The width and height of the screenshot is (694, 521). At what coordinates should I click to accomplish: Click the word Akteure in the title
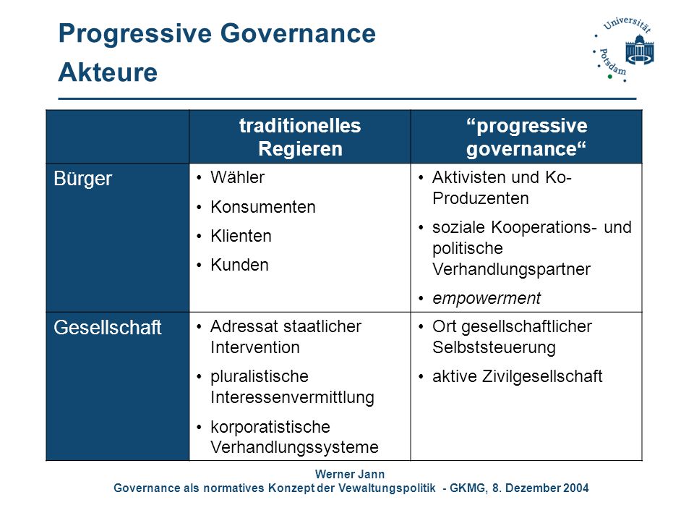tap(108, 72)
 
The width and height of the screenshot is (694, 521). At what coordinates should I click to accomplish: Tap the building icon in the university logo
tap(640, 50)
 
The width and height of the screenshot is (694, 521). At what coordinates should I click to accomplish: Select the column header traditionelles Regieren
tap(300, 137)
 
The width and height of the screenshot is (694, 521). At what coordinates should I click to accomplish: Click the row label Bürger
tap(82, 179)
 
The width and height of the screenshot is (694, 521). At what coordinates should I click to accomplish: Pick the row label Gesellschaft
tap(108, 327)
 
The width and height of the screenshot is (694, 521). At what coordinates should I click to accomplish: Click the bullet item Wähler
tap(238, 177)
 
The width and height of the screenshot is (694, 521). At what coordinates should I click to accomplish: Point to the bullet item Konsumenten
tap(263, 207)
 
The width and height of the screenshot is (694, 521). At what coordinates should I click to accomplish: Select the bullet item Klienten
tap(241, 236)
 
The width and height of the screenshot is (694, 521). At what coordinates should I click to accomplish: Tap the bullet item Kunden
tap(239, 265)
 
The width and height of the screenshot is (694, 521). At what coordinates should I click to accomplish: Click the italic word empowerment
tap(487, 299)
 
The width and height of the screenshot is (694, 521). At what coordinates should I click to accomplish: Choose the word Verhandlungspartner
tap(511, 269)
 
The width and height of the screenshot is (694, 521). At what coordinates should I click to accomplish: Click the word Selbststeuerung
tap(494, 347)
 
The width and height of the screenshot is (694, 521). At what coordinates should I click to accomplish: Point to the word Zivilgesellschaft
tap(542, 376)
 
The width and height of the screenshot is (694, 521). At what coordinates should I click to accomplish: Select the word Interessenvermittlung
tap(292, 397)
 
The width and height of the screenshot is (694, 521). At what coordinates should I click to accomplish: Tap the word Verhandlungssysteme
tap(294, 447)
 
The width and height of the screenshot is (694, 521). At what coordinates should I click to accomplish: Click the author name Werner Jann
tap(350, 474)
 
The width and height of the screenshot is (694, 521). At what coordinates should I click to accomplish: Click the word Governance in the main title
tap(298, 33)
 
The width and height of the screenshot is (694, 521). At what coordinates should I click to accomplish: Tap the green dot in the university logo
tap(609, 77)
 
